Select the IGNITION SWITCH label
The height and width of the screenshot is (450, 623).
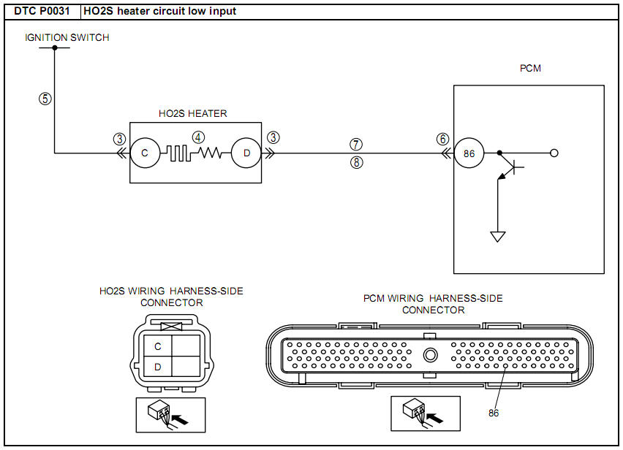67,37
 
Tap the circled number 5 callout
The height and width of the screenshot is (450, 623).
45,99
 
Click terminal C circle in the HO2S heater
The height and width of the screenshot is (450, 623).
144,153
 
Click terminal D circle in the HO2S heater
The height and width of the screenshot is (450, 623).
246,153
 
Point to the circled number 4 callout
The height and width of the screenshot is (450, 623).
198,137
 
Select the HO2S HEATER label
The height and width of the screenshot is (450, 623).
192,113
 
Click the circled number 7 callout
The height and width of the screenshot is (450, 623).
356,145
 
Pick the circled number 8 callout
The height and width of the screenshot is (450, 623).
356,163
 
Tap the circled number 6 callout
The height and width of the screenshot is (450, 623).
442,139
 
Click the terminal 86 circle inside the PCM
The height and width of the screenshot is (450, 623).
468,153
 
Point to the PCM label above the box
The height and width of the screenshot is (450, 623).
529,69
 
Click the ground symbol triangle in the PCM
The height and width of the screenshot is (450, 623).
498,237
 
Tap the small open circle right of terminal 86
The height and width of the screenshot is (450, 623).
554,153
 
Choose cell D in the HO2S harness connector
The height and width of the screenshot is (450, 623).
157,367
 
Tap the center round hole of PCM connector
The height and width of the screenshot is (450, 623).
431,355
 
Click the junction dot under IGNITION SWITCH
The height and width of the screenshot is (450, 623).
55,48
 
